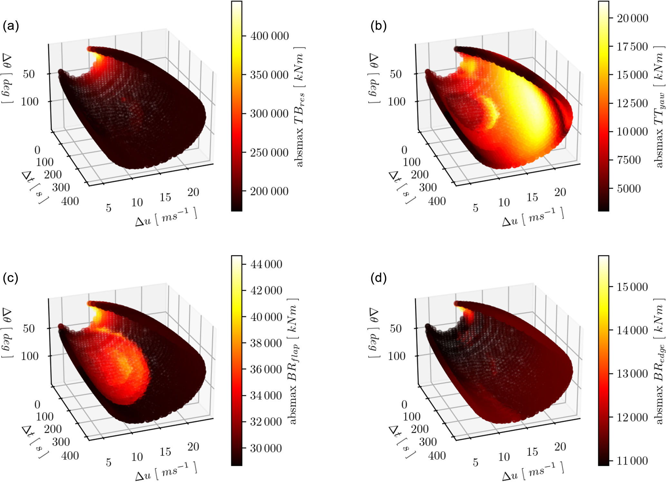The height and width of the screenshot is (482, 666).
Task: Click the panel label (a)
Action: coord(11,26)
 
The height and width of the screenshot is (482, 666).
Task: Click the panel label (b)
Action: coord(378,26)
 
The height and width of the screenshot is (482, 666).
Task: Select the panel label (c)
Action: coord(10,278)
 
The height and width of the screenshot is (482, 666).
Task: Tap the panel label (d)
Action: coord(378,278)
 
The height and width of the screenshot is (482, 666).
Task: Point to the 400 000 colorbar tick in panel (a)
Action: coord(270,36)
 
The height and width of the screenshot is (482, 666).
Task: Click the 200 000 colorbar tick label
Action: coord(269,191)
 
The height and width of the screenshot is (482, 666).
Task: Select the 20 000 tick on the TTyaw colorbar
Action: coord(632,18)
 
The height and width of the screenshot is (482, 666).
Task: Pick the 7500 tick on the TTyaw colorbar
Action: coord(629,160)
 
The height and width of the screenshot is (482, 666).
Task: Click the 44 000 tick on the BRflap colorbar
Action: coord(266,264)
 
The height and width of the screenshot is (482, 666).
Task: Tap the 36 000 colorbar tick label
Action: coord(266,369)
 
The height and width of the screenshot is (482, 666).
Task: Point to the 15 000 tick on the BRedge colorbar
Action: coord(632,287)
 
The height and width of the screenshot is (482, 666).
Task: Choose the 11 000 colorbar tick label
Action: coord(632,461)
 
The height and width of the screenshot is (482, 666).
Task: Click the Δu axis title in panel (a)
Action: coord(166,217)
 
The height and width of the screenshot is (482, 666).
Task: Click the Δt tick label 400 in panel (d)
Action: coord(437,456)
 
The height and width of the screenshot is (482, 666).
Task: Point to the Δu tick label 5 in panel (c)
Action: coord(109,463)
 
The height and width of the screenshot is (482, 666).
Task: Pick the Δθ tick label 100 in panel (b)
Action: coord(396,102)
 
